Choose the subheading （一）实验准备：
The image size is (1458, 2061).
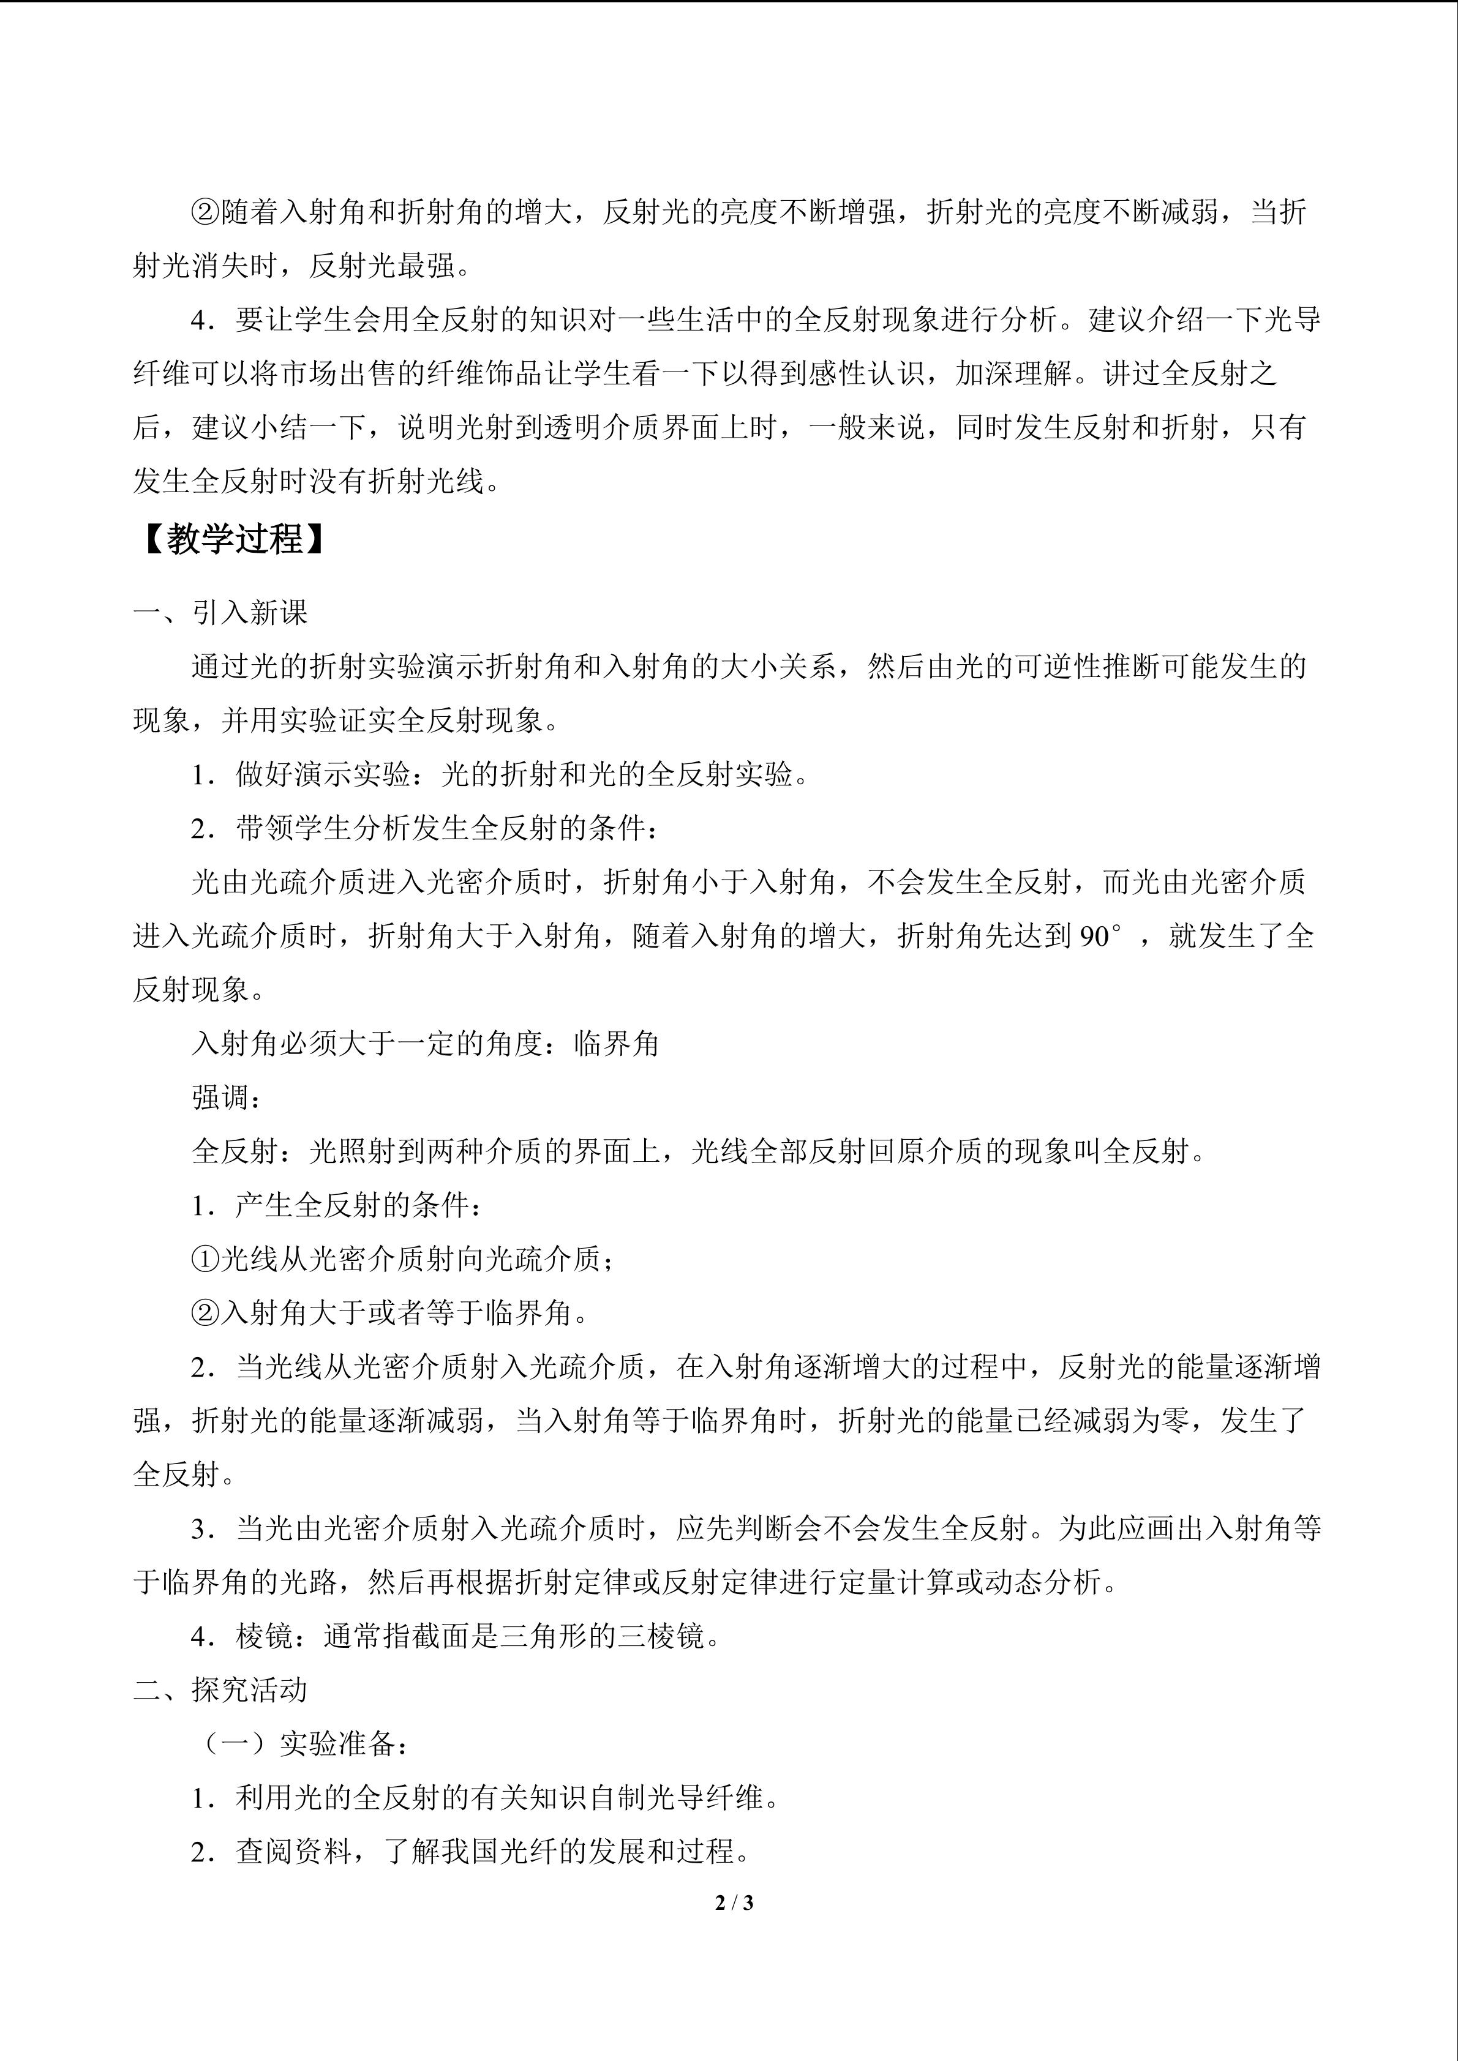point(304,1743)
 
